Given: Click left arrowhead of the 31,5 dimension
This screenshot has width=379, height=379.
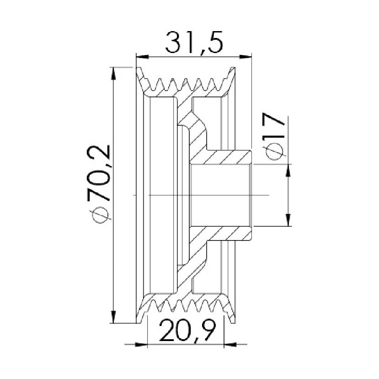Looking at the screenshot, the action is coord(142,57).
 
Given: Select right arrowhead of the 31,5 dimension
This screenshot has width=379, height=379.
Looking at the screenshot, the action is coord(246,57).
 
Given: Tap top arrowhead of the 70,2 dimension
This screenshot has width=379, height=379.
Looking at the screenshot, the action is coord(113,73).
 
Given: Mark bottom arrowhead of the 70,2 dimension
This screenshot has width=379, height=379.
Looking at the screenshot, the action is coord(113,317).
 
